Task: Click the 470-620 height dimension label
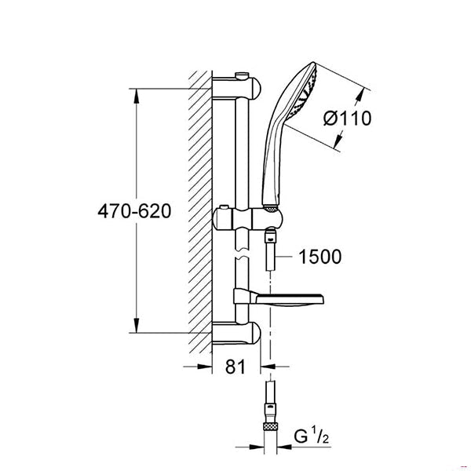(134, 211)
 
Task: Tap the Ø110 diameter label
(347, 118)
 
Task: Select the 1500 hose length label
(320, 257)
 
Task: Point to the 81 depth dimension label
(235, 367)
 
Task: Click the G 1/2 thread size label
(311, 436)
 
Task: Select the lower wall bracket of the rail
(236, 333)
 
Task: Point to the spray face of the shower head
(303, 93)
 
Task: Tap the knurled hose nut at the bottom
(272, 426)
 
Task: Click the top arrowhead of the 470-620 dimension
(137, 96)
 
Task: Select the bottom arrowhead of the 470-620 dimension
(137, 325)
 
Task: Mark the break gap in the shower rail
(242, 254)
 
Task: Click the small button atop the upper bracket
(242, 75)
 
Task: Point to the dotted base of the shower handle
(272, 208)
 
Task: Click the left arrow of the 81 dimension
(205, 367)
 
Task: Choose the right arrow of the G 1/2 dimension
(285, 447)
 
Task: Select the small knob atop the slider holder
(224, 207)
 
